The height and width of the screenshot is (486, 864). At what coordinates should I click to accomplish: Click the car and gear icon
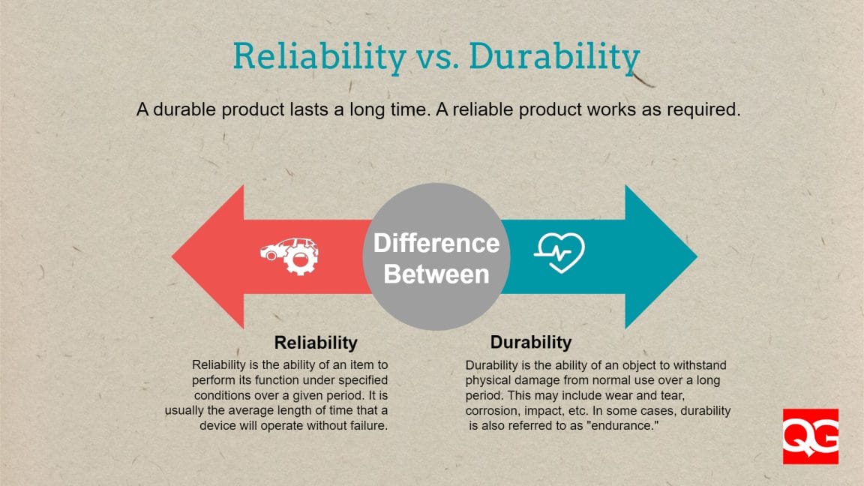point(289,255)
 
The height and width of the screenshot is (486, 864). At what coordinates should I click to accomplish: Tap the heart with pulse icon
point(559,252)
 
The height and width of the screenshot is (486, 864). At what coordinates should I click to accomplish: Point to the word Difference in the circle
point(436,243)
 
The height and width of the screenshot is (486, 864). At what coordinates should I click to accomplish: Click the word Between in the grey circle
point(436,274)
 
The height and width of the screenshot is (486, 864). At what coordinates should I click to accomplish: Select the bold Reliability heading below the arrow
point(316,343)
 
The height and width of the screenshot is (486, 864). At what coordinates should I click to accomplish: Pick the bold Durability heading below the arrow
point(531,343)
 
